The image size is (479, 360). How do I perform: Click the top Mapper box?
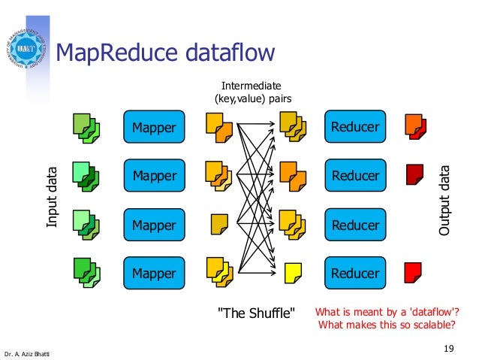[x=154, y=127]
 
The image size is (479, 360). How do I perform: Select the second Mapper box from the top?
[x=154, y=176]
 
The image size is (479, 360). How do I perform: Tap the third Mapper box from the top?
[x=154, y=225]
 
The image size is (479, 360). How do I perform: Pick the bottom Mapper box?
[x=154, y=274]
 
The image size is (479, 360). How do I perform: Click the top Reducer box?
[x=355, y=127]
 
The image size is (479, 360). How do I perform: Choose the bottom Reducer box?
[x=355, y=274]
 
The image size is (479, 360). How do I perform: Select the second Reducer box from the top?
[x=355, y=176]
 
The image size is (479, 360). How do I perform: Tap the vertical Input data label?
[x=52, y=197]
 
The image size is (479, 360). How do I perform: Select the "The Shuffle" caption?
[x=255, y=312]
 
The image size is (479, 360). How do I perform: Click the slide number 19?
[x=449, y=347]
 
